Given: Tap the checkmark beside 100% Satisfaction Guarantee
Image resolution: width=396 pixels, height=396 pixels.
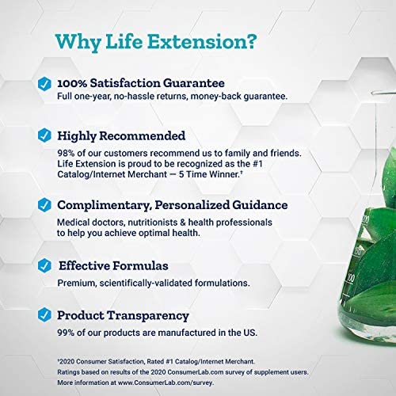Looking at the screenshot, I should coord(44,82).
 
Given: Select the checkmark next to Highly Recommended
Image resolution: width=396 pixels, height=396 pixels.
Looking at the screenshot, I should coord(44,135).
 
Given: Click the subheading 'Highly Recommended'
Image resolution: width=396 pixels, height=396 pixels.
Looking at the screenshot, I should coord(121,135).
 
